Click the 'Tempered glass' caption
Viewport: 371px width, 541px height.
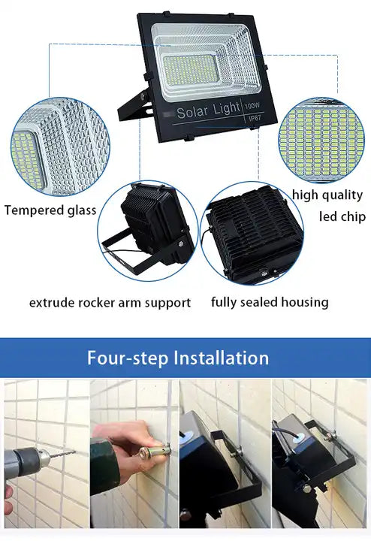pos(50,210)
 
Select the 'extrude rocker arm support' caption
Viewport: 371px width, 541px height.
pos(110,303)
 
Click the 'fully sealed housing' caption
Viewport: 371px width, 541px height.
pos(270,303)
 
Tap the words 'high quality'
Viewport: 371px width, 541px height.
pos(327,195)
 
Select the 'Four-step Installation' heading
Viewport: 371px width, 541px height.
pos(178,357)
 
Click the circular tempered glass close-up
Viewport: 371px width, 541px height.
pos(59,148)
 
